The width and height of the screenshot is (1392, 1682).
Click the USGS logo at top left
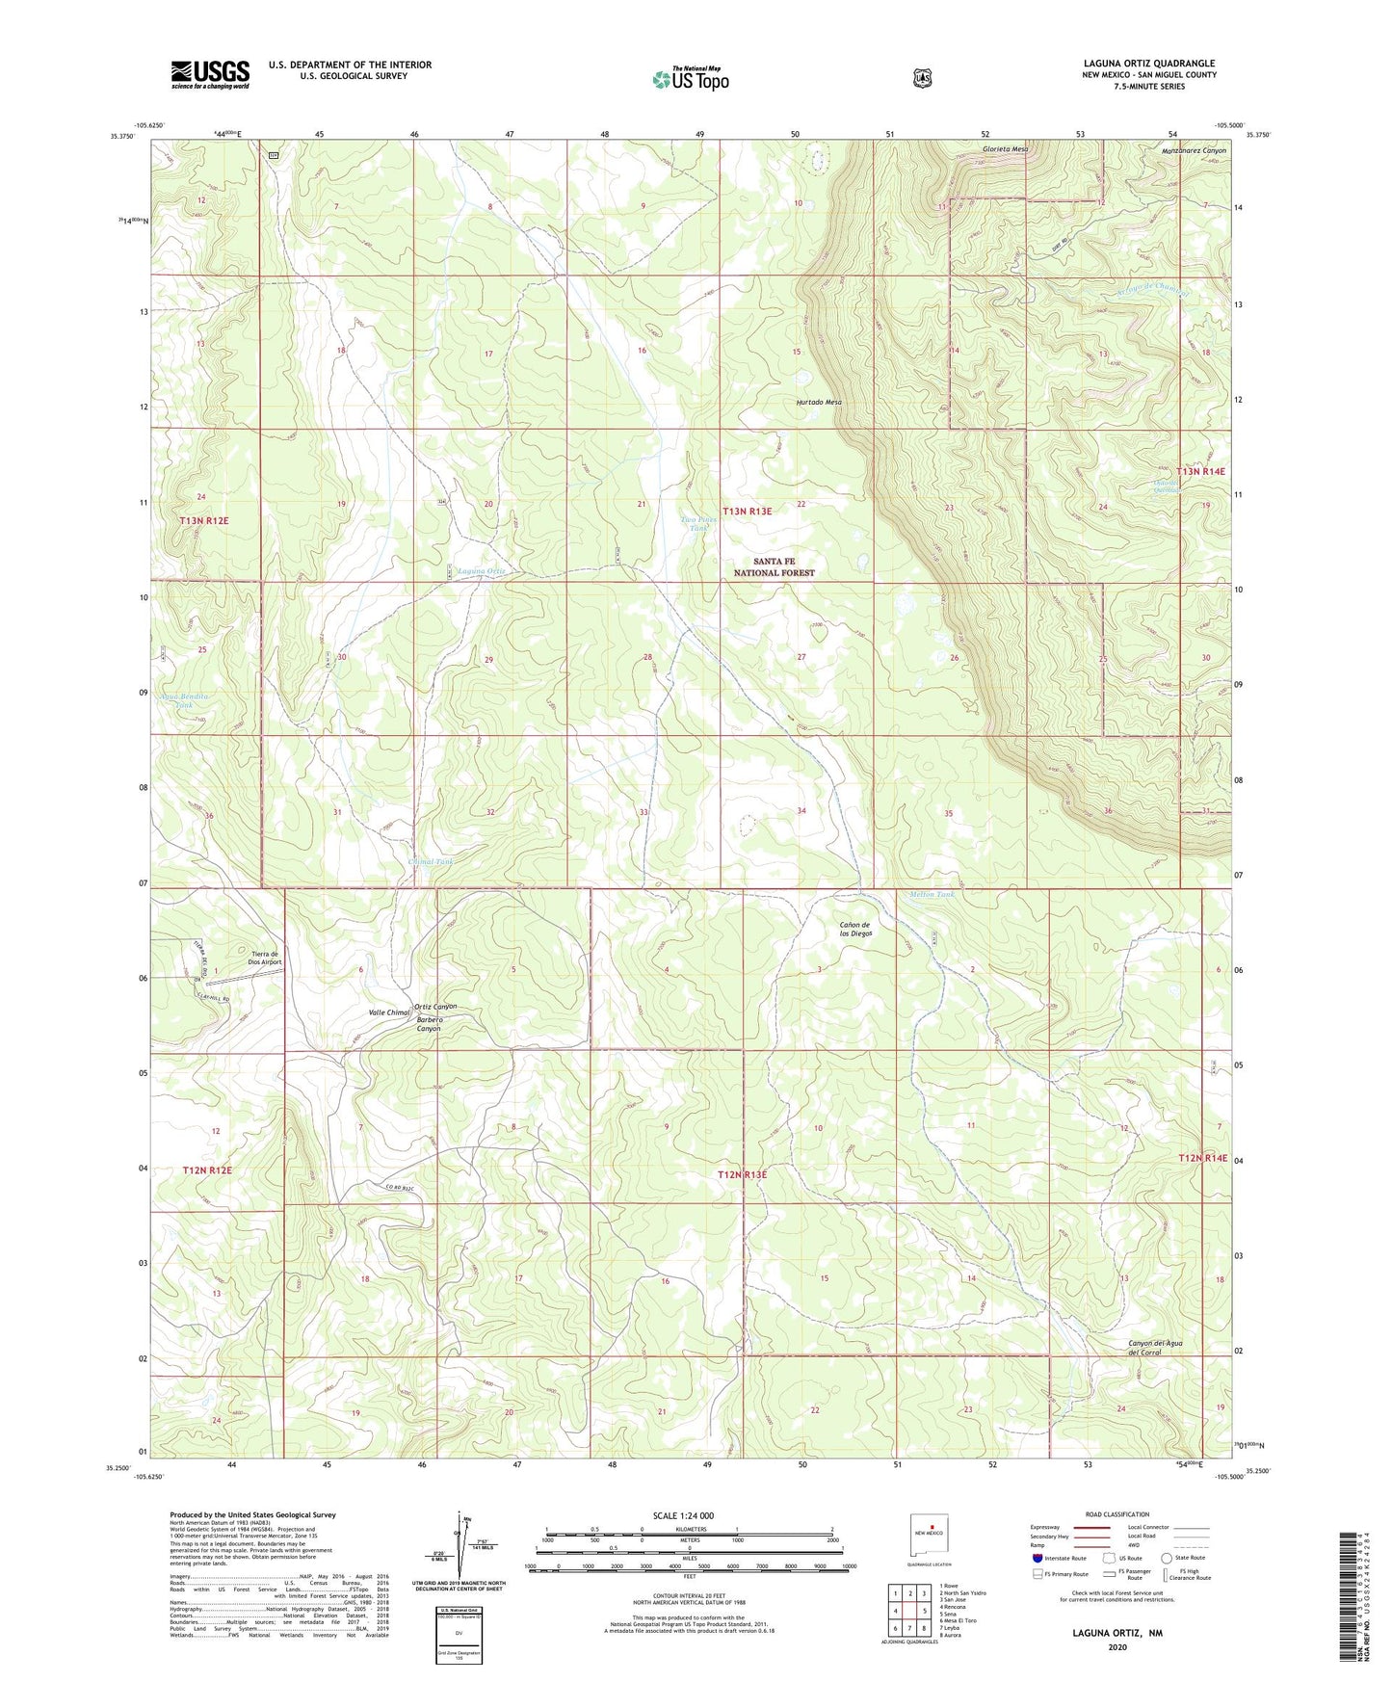click(x=210, y=73)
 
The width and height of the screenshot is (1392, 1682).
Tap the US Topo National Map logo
click(x=689, y=79)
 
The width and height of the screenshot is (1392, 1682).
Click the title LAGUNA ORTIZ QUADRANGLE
click(x=1148, y=64)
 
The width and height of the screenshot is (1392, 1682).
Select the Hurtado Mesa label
click(x=819, y=402)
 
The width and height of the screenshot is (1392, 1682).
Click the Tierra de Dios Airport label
click(x=265, y=956)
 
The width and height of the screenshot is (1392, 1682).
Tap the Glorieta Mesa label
click(x=1005, y=149)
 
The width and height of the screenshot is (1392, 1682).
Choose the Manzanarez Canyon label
click(x=1194, y=150)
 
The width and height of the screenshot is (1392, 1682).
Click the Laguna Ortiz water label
click(x=481, y=571)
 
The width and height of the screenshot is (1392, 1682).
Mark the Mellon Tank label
click(x=932, y=894)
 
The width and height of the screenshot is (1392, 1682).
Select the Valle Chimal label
click(x=389, y=1012)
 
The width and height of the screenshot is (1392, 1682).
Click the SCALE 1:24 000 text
click(x=683, y=1515)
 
